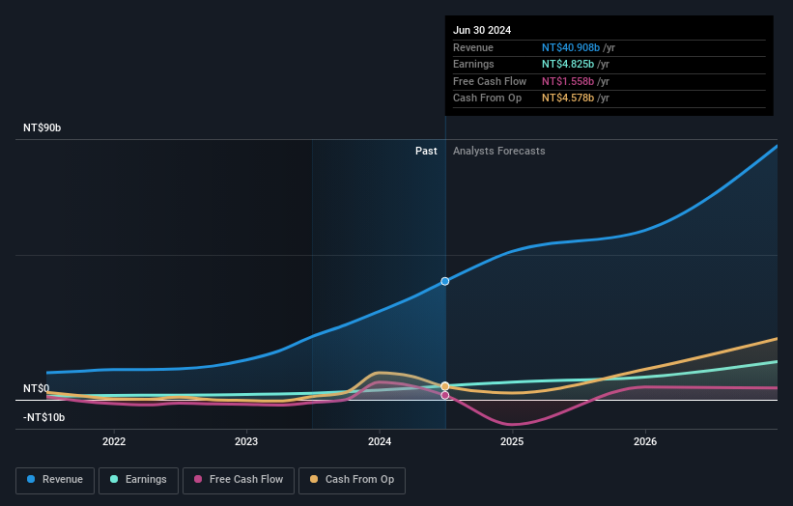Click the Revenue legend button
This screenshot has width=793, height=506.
pos(55,480)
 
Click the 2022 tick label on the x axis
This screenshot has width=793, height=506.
pos(114,441)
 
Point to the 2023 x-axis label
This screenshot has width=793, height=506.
pos(246,441)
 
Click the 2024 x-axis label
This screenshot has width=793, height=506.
pos(380,441)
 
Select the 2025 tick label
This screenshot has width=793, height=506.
pos(512,441)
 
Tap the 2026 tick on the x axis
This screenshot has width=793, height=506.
pos(645,441)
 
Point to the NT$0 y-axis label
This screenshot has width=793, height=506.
pos(36,388)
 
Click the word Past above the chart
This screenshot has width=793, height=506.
pos(426,151)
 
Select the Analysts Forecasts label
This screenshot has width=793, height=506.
pos(498,151)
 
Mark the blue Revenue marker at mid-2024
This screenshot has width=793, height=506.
pos(445,281)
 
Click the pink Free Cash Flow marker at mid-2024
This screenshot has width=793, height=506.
pos(445,395)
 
